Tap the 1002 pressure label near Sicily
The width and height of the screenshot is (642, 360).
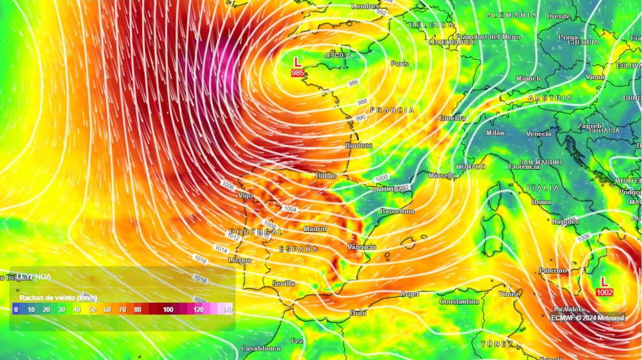coord(605,293)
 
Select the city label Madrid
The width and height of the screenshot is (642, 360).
coord(315,229)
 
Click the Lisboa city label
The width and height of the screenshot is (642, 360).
coord(240,260)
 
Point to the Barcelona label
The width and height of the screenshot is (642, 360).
coord(397,211)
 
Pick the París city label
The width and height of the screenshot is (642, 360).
coord(399,64)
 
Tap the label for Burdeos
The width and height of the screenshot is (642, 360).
coord(358,145)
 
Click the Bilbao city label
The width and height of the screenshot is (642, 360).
coord(326,176)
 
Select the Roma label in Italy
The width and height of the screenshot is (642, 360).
coord(541,202)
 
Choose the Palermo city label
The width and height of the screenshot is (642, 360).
coord(553,271)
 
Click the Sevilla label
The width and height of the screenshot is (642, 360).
coord(284,284)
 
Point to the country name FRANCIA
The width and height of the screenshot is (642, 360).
coord(392,110)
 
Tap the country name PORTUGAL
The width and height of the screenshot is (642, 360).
coord(256,232)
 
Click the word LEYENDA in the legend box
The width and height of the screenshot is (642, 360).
coord(34,277)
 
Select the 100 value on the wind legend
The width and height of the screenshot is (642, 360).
coord(169,310)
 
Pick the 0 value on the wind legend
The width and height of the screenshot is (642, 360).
coord(16,310)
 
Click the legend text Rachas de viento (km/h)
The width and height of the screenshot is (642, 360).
coord(58,297)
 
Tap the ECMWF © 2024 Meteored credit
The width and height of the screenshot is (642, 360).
coord(587,318)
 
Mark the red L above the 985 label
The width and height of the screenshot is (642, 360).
coord(298,62)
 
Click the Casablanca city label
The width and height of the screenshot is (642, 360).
coord(261,348)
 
